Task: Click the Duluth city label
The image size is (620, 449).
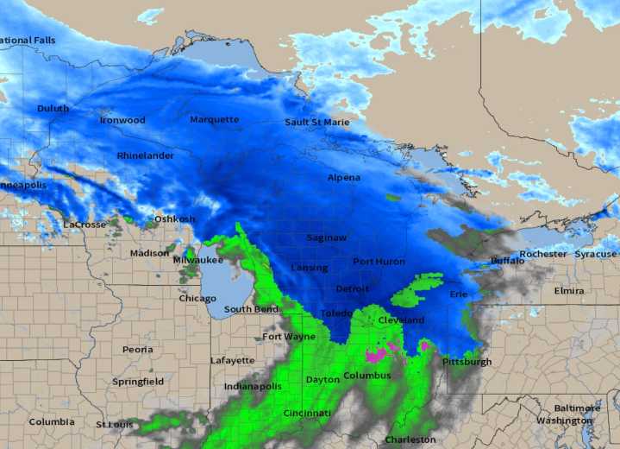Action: tap(53, 109)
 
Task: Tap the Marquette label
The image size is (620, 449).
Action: tap(215, 119)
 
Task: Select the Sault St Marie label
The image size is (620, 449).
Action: tap(317, 123)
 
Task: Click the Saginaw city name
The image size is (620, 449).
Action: tap(327, 237)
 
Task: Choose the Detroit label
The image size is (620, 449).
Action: tap(352, 288)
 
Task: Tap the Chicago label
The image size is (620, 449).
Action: tap(197, 299)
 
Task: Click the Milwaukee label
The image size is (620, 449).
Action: tap(198, 260)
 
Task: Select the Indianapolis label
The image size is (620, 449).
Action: tap(253, 386)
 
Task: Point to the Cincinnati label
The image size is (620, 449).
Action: tap(307, 414)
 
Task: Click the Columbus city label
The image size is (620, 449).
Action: tap(367, 376)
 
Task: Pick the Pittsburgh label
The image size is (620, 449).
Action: tap(467, 362)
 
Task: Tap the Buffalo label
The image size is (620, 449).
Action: tap(507, 260)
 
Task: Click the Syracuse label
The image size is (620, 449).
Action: tap(596, 255)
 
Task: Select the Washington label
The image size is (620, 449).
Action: tap(564, 421)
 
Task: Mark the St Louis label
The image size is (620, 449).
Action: tap(115, 424)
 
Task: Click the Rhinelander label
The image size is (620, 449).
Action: tap(145, 156)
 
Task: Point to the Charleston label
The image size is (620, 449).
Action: tap(410, 440)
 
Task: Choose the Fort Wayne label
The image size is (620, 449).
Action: tap(289, 337)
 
